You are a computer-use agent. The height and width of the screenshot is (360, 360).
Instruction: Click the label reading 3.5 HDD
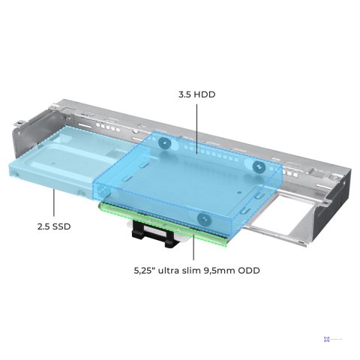click(196, 94)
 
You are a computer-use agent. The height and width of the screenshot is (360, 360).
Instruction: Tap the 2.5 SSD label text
click(54, 226)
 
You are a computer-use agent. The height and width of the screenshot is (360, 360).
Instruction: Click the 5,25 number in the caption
click(144, 271)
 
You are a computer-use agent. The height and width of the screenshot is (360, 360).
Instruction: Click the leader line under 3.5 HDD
click(196, 128)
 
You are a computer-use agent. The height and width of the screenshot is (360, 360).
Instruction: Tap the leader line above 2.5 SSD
click(54, 202)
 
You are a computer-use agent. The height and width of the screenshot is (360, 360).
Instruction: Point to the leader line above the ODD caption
click(193, 247)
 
